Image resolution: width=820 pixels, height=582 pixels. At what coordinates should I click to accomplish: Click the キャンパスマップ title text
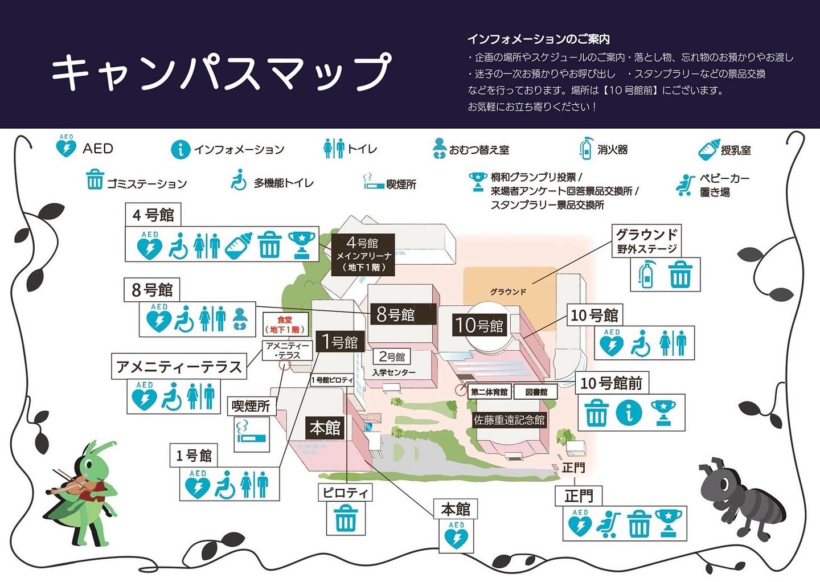click(x=222, y=72)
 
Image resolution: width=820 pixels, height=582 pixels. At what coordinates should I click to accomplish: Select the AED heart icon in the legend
click(x=66, y=147)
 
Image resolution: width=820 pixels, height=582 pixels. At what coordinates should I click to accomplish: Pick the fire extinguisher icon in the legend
click(x=585, y=148)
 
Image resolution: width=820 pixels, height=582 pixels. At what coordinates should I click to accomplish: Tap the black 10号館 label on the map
click(x=479, y=325)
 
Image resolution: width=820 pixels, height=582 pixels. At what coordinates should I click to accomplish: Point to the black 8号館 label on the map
click(x=395, y=314)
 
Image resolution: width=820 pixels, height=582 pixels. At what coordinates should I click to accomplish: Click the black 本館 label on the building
click(x=325, y=428)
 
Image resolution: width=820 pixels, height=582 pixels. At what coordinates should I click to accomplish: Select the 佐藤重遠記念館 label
click(x=509, y=420)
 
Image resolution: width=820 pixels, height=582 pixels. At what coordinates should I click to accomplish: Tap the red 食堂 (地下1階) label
click(x=285, y=325)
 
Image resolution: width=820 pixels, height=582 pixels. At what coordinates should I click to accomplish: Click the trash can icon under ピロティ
click(x=345, y=518)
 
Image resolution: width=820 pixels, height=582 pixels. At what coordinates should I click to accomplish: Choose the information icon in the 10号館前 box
click(x=629, y=413)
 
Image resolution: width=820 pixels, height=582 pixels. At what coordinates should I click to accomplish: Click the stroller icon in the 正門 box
click(x=609, y=524)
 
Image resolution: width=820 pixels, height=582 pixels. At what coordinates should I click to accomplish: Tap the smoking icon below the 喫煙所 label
click(x=251, y=433)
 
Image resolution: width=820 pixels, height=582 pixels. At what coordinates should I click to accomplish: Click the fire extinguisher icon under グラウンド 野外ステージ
click(x=646, y=274)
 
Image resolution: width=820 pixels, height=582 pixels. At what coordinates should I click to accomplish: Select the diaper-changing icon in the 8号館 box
click(x=241, y=319)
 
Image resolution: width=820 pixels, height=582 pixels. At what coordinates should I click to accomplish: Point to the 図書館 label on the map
click(x=536, y=392)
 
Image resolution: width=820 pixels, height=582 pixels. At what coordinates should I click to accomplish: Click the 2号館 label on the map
click(x=392, y=357)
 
